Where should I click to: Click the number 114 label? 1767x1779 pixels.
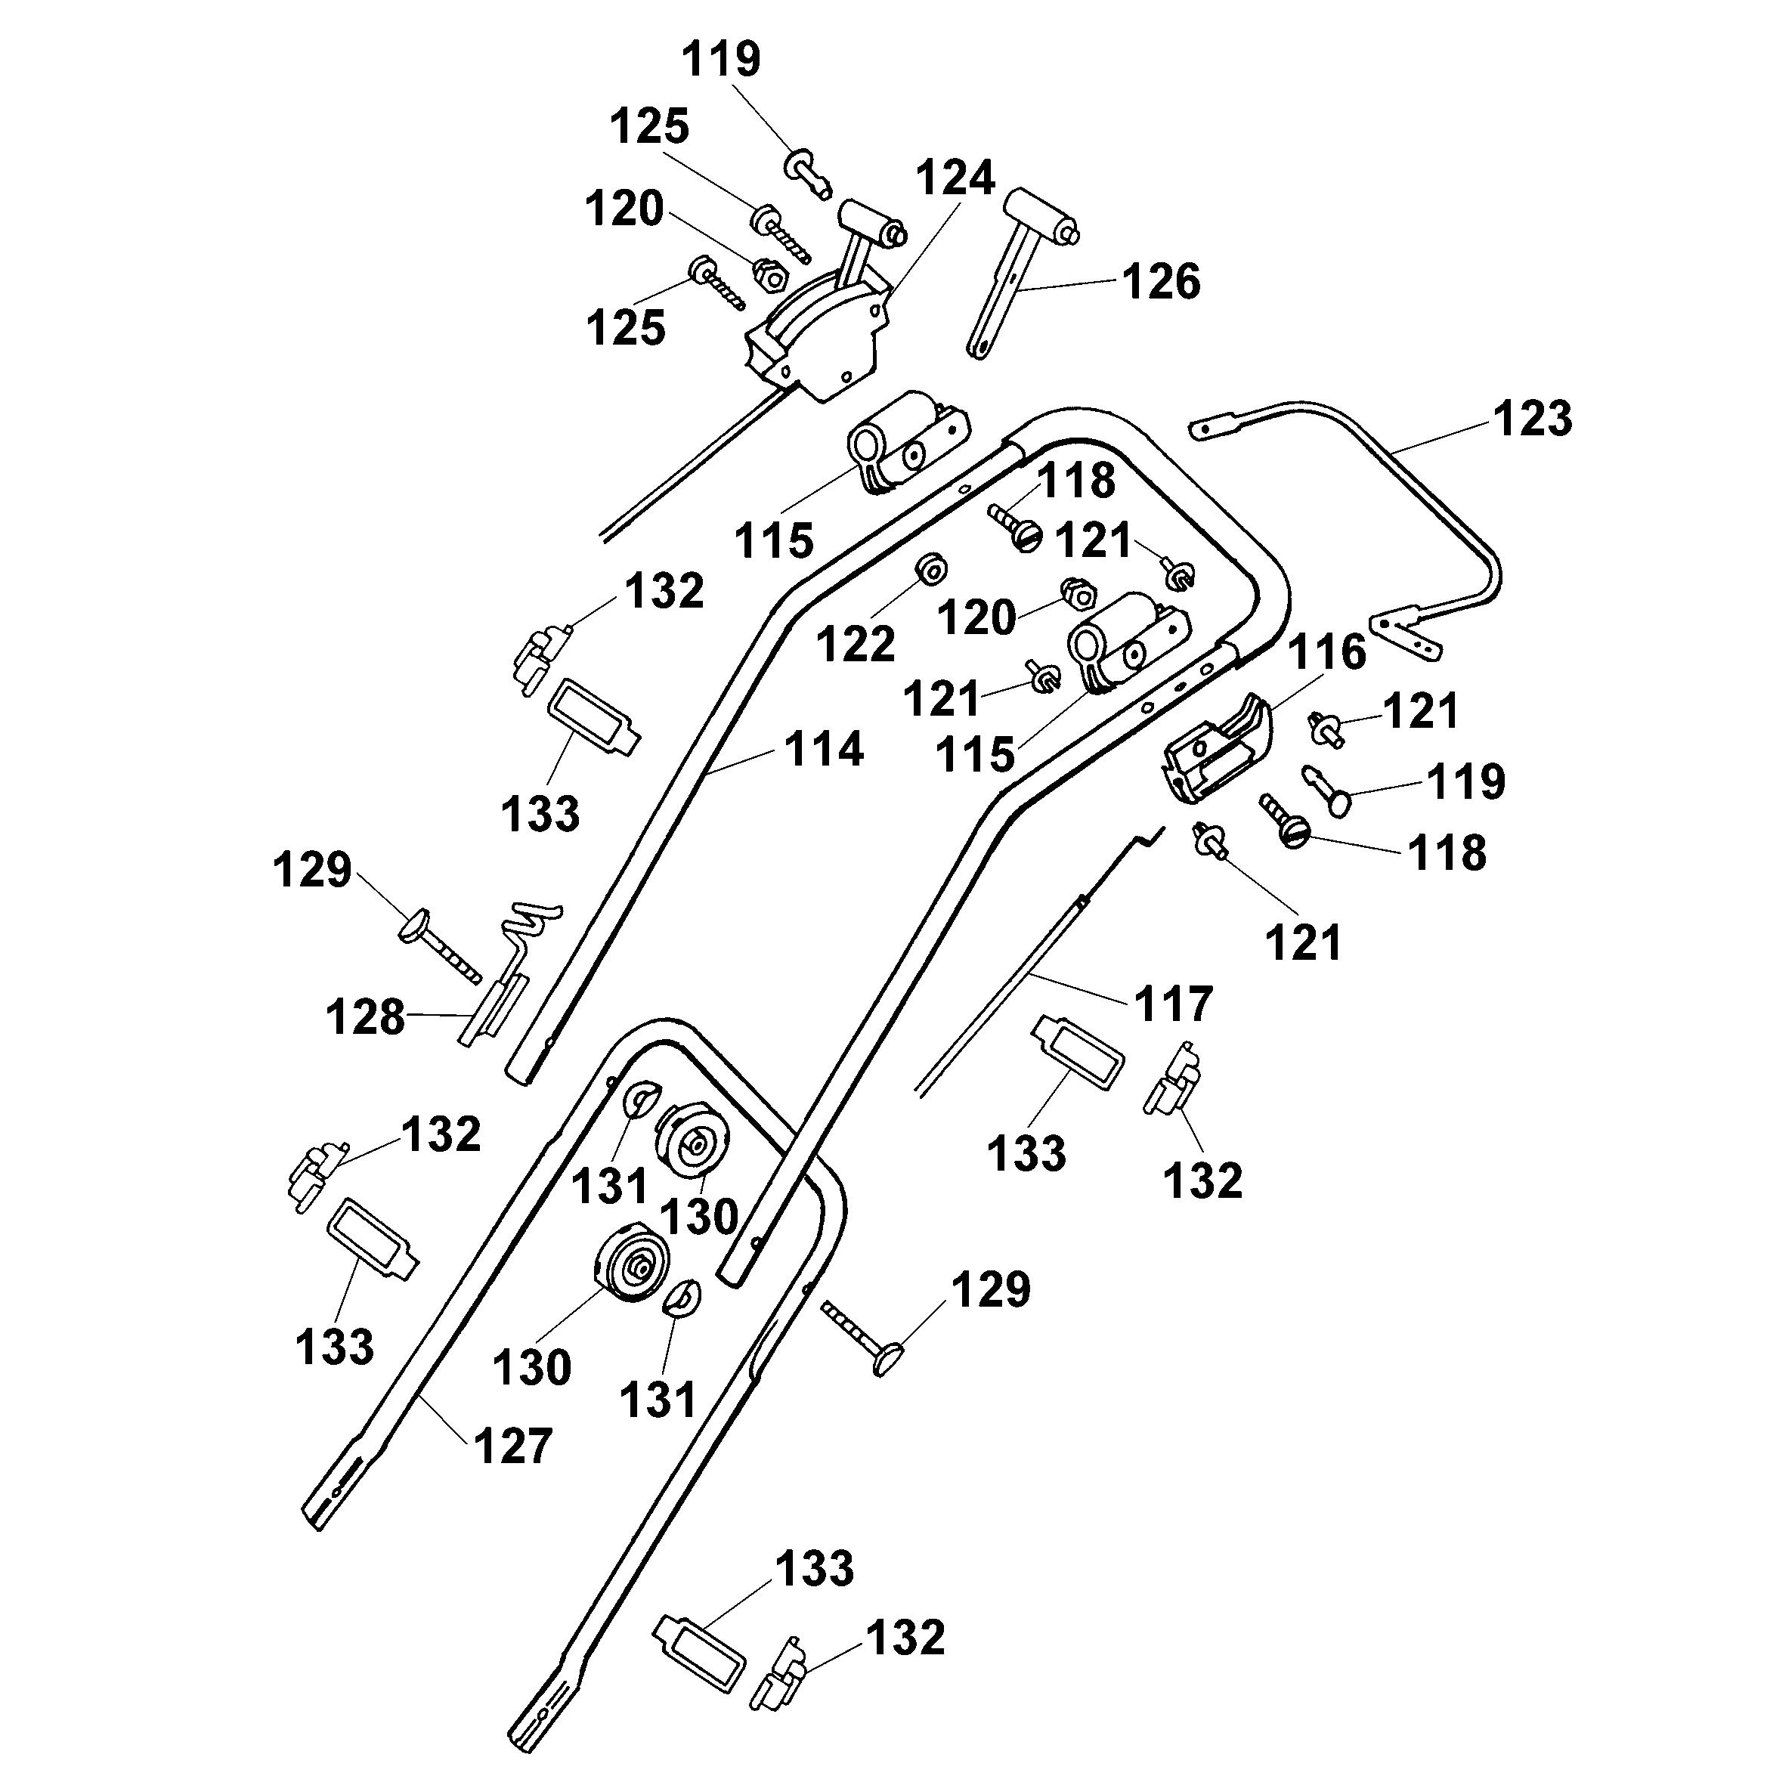point(824,750)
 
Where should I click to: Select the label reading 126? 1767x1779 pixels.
point(1161,282)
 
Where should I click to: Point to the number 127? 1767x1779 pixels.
point(513,1446)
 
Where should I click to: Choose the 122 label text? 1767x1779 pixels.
point(856,644)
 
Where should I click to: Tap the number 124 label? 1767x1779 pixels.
point(955,178)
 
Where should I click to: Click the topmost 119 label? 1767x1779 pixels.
point(721,60)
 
